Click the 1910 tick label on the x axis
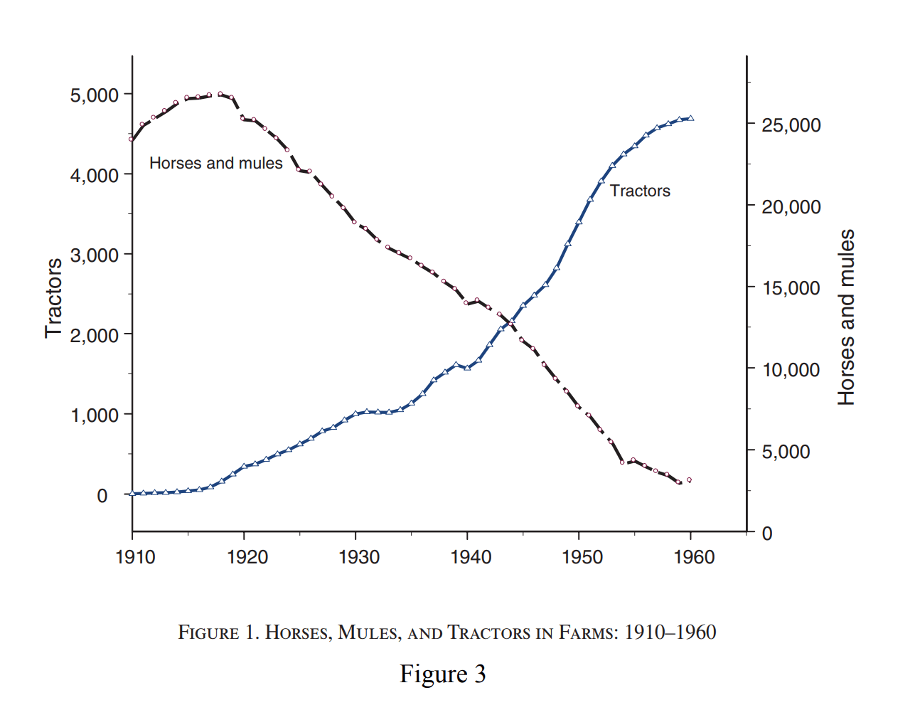(135, 557)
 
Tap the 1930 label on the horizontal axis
(359, 557)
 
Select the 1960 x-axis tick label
(694, 557)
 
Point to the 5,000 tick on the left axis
(95, 95)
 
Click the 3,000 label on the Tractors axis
(95, 255)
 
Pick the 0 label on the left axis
(102, 495)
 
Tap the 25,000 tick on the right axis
(791, 125)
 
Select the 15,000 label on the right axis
(791, 288)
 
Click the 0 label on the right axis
(767, 534)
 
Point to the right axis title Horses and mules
(846, 317)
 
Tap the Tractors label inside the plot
(640, 191)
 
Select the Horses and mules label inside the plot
(215, 164)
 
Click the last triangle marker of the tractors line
(690, 118)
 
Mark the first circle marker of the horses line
(132, 139)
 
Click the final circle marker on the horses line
(689, 480)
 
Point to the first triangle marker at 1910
(132, 493)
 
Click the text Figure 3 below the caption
(442, 674)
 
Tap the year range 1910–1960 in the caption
(670, 632)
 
